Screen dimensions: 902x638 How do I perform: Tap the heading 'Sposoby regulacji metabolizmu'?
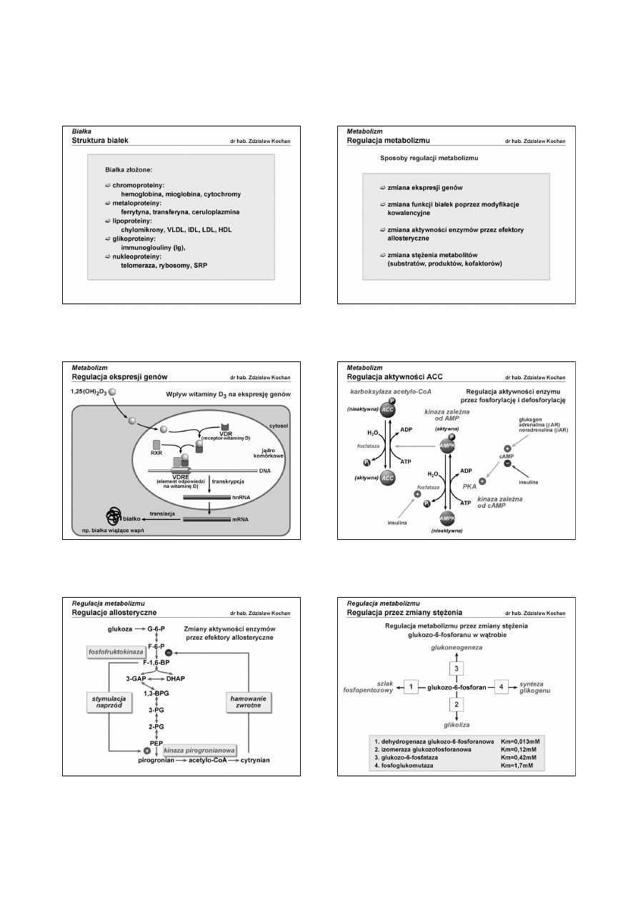point(428,156)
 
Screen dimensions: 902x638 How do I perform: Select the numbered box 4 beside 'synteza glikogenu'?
point(500,687)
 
